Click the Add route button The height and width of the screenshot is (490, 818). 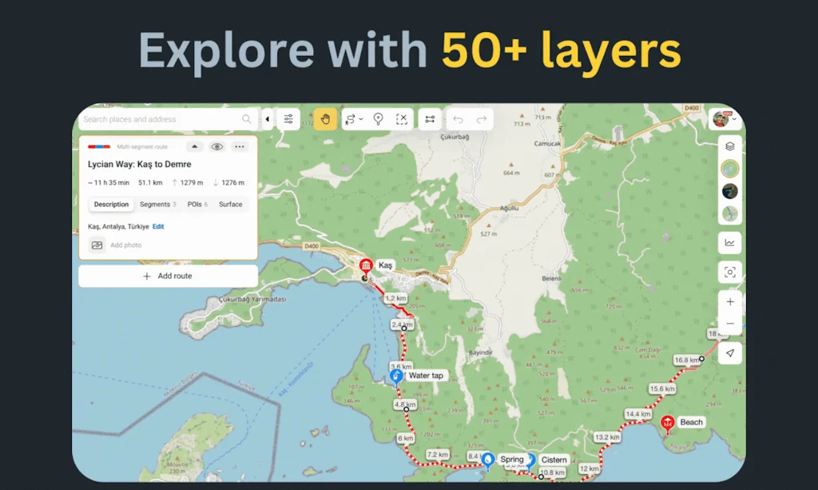[168, 276]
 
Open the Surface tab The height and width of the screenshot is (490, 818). [230, 205]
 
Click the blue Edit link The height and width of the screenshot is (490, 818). [158, 227]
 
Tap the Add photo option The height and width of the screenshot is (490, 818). [125, 245]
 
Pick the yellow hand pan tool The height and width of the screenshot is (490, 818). [325, 119]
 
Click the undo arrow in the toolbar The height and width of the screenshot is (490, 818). [458, 119]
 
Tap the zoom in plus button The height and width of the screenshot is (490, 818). [729, 302]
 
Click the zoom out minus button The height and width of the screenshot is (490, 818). [729, 324]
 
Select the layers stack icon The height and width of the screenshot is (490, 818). [729, 146]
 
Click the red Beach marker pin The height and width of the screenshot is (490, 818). [667, 423]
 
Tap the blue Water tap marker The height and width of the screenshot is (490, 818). [395, 376]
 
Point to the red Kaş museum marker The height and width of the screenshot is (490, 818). [366, 266]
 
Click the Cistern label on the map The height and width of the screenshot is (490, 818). [554, 460]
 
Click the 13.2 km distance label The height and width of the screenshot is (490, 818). [607, 437]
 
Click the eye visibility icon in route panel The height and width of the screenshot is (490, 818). [216, 146]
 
